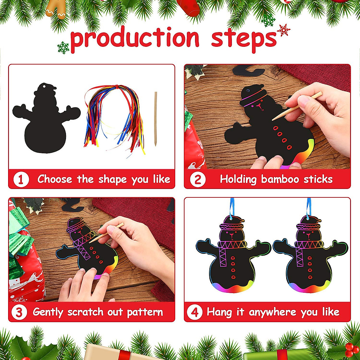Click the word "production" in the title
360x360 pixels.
pyautogui.click(x=135, y=38)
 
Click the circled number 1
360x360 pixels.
pyautogui.click(x=21, y=179)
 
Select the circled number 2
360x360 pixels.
pyautogui.click(x=198, y=179)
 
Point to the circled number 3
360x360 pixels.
pyautogui.click(x=19, y=312)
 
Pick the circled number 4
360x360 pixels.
pyautogui.click(x=195, y=312)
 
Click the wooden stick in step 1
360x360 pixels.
pyautogui.click(x=155, y=119)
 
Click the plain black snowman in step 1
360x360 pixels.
pyautogui.click(x=46, y=120)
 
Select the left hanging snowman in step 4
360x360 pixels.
pyautogui.click(x=232, y=255)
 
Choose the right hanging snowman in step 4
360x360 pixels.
pyautogui.click(x=310, y=255)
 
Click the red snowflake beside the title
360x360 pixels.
pyautogui.click(x=283, y=30)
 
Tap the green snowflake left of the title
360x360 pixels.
pyautogui.click(x=63, y=47)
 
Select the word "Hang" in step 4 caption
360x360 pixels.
pyautogui.click(x=219, y=312)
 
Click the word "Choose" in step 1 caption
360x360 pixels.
pyautogui.click(x=55, y=179)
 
